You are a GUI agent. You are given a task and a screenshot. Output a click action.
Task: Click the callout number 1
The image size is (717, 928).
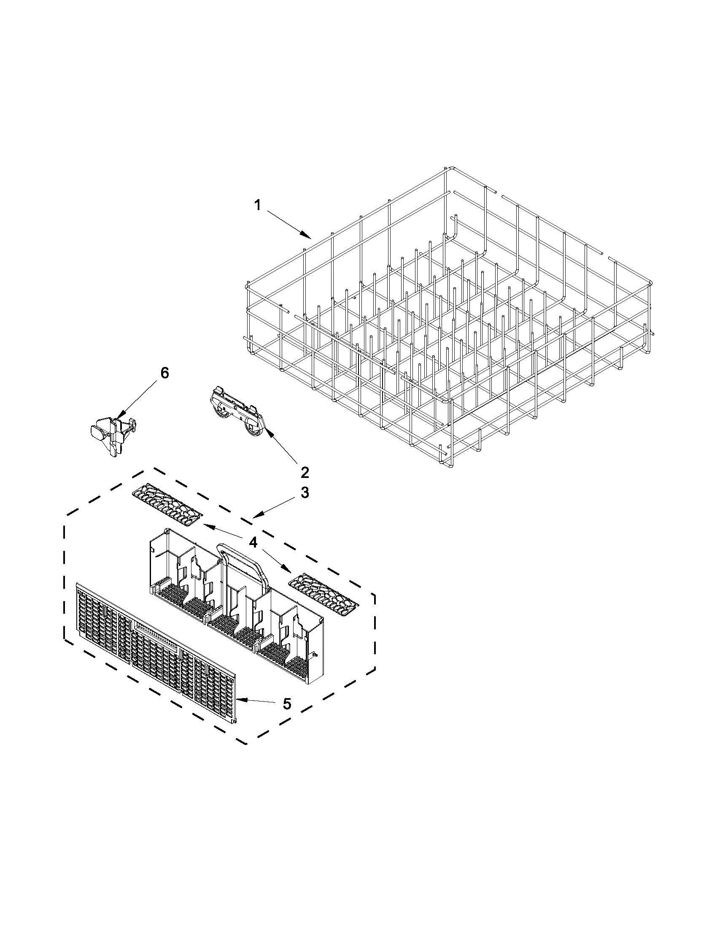[257, 206]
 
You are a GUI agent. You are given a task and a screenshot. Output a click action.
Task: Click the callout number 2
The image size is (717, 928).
[304, 472]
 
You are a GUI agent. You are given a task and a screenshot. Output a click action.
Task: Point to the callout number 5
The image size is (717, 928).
[287, 704]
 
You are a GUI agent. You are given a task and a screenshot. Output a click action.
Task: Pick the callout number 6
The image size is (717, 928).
[164, 373]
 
